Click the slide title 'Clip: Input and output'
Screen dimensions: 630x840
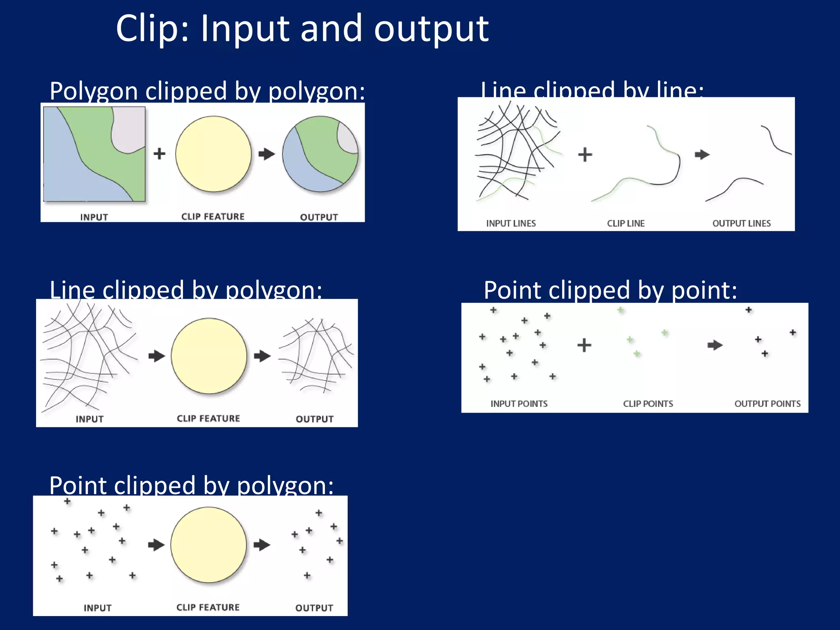click(x=302, y=29)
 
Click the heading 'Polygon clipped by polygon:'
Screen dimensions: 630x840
click(x=207, y=91)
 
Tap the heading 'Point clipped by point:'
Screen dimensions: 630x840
click(x=610, y=290)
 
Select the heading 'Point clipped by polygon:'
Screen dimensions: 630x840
click(x=191, y=486)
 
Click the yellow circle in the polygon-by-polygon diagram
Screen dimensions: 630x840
click(x=213, y=154)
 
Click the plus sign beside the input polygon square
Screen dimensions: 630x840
click(x=159, y=154)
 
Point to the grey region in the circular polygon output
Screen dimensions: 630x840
click(x=347, y=137)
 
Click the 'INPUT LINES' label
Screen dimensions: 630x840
click(x=511, y=224)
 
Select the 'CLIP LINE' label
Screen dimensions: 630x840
click(x=625, y=224)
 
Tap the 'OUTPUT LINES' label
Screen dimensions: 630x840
click(x=741, y=224)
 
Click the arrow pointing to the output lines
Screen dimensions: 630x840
click(x=702, y=155)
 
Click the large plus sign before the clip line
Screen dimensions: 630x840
click(x=585, y=155)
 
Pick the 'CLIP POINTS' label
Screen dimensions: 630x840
click(x=648, y=404)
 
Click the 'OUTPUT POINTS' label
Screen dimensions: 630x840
click(x=767, y=404)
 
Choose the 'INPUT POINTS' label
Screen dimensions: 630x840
click(x=519, y=404)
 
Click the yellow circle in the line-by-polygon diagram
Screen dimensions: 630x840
click(x=209, y=356)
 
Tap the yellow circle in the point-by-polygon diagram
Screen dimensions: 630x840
click(x=208, y=545)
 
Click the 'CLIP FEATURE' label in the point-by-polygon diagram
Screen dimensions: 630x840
click(x=208, y=607)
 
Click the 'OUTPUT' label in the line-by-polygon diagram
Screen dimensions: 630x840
click(x=315, y=419)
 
